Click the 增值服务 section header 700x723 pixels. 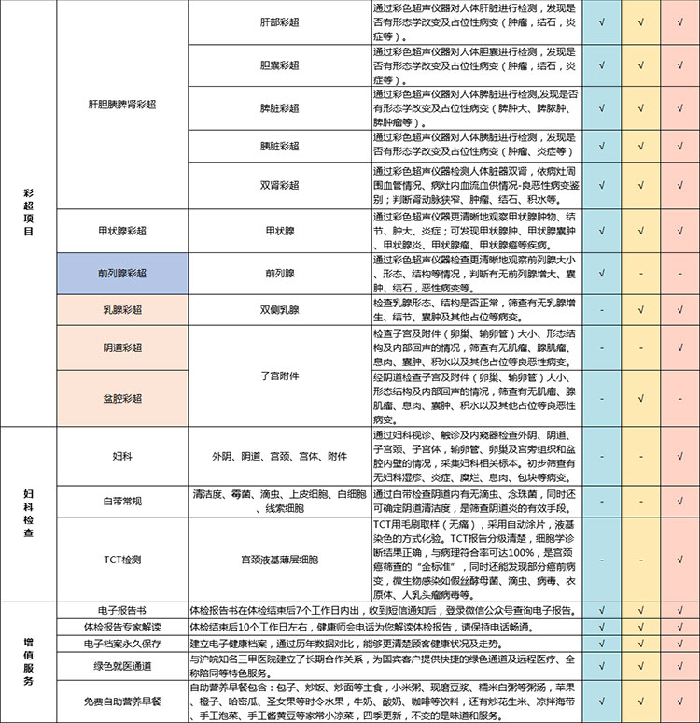click(28, 662)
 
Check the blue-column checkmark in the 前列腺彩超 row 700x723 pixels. click(603, 274)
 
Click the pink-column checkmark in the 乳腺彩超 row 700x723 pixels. click(675, 309)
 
